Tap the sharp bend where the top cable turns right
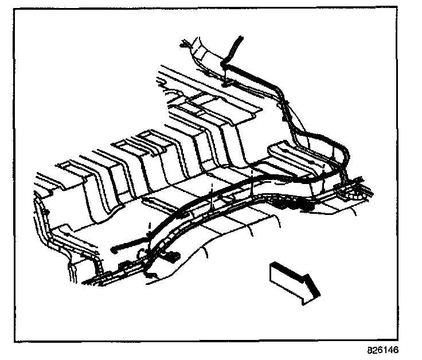227,65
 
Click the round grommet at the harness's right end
358,194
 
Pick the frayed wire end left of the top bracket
185,43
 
